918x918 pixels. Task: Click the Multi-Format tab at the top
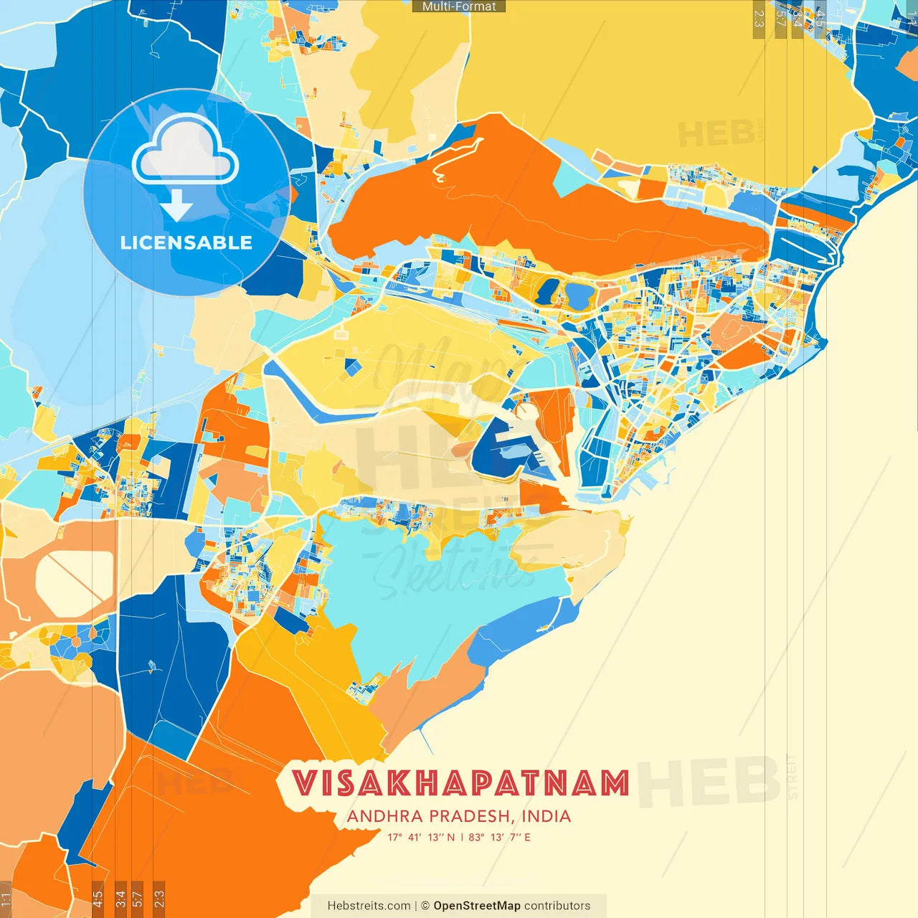459,6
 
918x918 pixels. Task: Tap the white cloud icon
186,151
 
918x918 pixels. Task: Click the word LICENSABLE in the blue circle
186,242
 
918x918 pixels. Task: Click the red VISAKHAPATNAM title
460,783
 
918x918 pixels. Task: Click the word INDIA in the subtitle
546,816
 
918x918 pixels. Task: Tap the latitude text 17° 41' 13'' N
421,837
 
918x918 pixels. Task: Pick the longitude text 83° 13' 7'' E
500,837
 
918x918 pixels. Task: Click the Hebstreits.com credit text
369,906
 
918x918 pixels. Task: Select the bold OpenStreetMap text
476,906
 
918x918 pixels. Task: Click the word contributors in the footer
557,906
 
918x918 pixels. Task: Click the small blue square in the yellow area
354,367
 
